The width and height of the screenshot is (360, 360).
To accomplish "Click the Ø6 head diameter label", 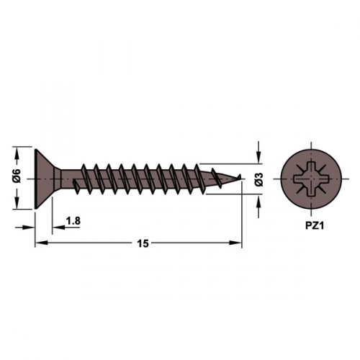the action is [18, 176].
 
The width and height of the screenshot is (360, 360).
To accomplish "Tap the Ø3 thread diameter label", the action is [259, 179].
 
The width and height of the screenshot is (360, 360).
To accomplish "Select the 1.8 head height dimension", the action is [73, 221].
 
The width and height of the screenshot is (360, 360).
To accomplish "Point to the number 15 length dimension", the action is [143, 243].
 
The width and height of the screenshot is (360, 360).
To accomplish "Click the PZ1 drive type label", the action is [315, 226].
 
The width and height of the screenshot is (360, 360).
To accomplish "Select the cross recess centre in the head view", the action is [311, 179].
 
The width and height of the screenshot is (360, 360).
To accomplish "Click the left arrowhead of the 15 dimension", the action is [41, 243].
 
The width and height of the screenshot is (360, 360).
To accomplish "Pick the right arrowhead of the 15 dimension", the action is [235, 243].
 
